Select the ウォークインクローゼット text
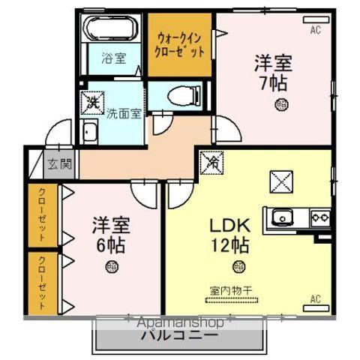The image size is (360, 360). tap(179, 44)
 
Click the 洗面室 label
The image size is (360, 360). tap(123, 114)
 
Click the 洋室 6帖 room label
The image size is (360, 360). tap(109, 234)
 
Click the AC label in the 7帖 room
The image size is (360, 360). tap(315, 30)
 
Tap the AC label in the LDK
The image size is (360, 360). tap(315, 299)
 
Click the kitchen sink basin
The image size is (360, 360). tap(283, 217)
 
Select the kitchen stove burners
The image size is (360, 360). tap(320, 217)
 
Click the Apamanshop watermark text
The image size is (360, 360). tap(179, 321)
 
